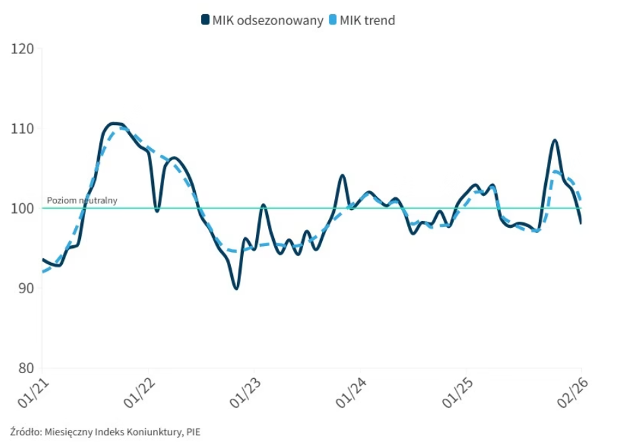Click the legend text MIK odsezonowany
click(268, 20)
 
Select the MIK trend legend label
click(367, 20)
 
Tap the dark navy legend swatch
click(205, 20)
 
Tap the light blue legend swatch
click(332, 20)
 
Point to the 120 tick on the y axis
click(22, 49)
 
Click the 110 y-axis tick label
click(22, 128)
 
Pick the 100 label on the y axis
click(22, 208)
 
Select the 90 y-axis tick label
click(25, 288)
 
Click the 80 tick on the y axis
click(25, 368)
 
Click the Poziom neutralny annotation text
click(82, 200)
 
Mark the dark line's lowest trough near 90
click(236, 289)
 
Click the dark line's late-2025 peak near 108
click(554, 141)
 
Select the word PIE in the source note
click(193, 431)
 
